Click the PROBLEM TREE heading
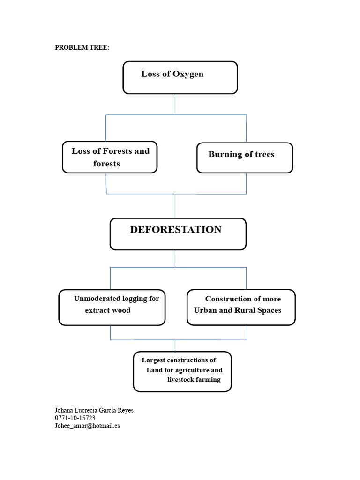[82, 47]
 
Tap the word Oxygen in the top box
[188, 75]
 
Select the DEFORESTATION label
[176, 230]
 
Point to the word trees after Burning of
[264, 155]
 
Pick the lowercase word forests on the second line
[106, 164]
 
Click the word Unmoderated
[97, 299]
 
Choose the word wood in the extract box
[122, 310]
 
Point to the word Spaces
[269, 311]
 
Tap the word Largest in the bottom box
[153, 360]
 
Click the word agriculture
[192, 370]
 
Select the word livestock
[180, 380]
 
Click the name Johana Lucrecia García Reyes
[94, 410]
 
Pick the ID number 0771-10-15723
[75, 418]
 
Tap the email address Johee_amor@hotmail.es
[87, 426]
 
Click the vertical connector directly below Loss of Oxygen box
[175, 105]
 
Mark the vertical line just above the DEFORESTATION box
[175, 206]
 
